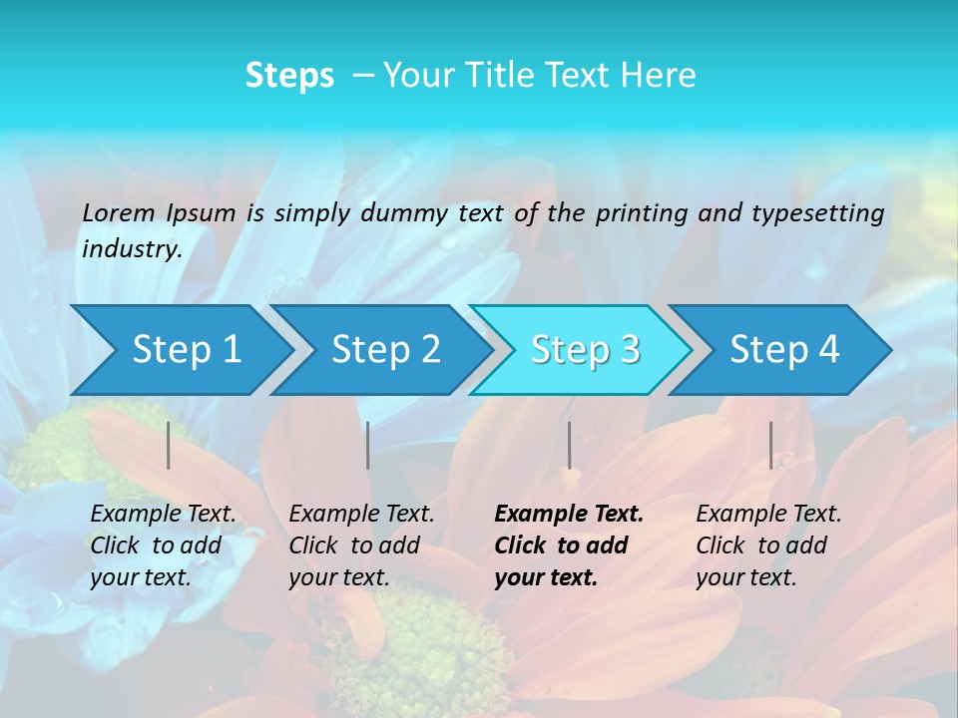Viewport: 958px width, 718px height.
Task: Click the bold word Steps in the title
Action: pyautogui.click(x=289, y=76)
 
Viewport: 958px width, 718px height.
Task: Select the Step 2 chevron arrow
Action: pyautogui.click(x=385, y=349)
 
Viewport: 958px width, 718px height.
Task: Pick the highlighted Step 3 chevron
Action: pyautogui.click(x=585, y=349)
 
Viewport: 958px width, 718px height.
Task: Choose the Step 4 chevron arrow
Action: pyautogui.click(x=784, y=349)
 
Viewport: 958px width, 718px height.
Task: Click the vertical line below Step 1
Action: pyautogui.click(x=169, y=445)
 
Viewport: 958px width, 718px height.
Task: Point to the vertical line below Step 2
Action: pyautogui.click(x=368, y=445)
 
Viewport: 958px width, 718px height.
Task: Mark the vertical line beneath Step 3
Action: pyautogui.click(x=570, y=445)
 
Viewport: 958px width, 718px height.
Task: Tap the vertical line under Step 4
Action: pyautogui.click(x=770, y=445)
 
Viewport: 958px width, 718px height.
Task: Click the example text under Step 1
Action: pyautogui.click(x=163, y=545)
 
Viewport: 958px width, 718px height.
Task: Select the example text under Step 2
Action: pyautogui.click(x=361, y=545)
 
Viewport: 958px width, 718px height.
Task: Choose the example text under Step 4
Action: pyautogui.click(x=768, y=545)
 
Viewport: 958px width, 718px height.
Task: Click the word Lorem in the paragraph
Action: pyautogui.click(x=119, y=212)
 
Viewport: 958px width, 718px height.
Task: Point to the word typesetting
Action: pyautogui.click(x=817, y=212)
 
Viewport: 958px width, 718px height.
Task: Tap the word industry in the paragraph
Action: pyautogui.click(x=131, y=248)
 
